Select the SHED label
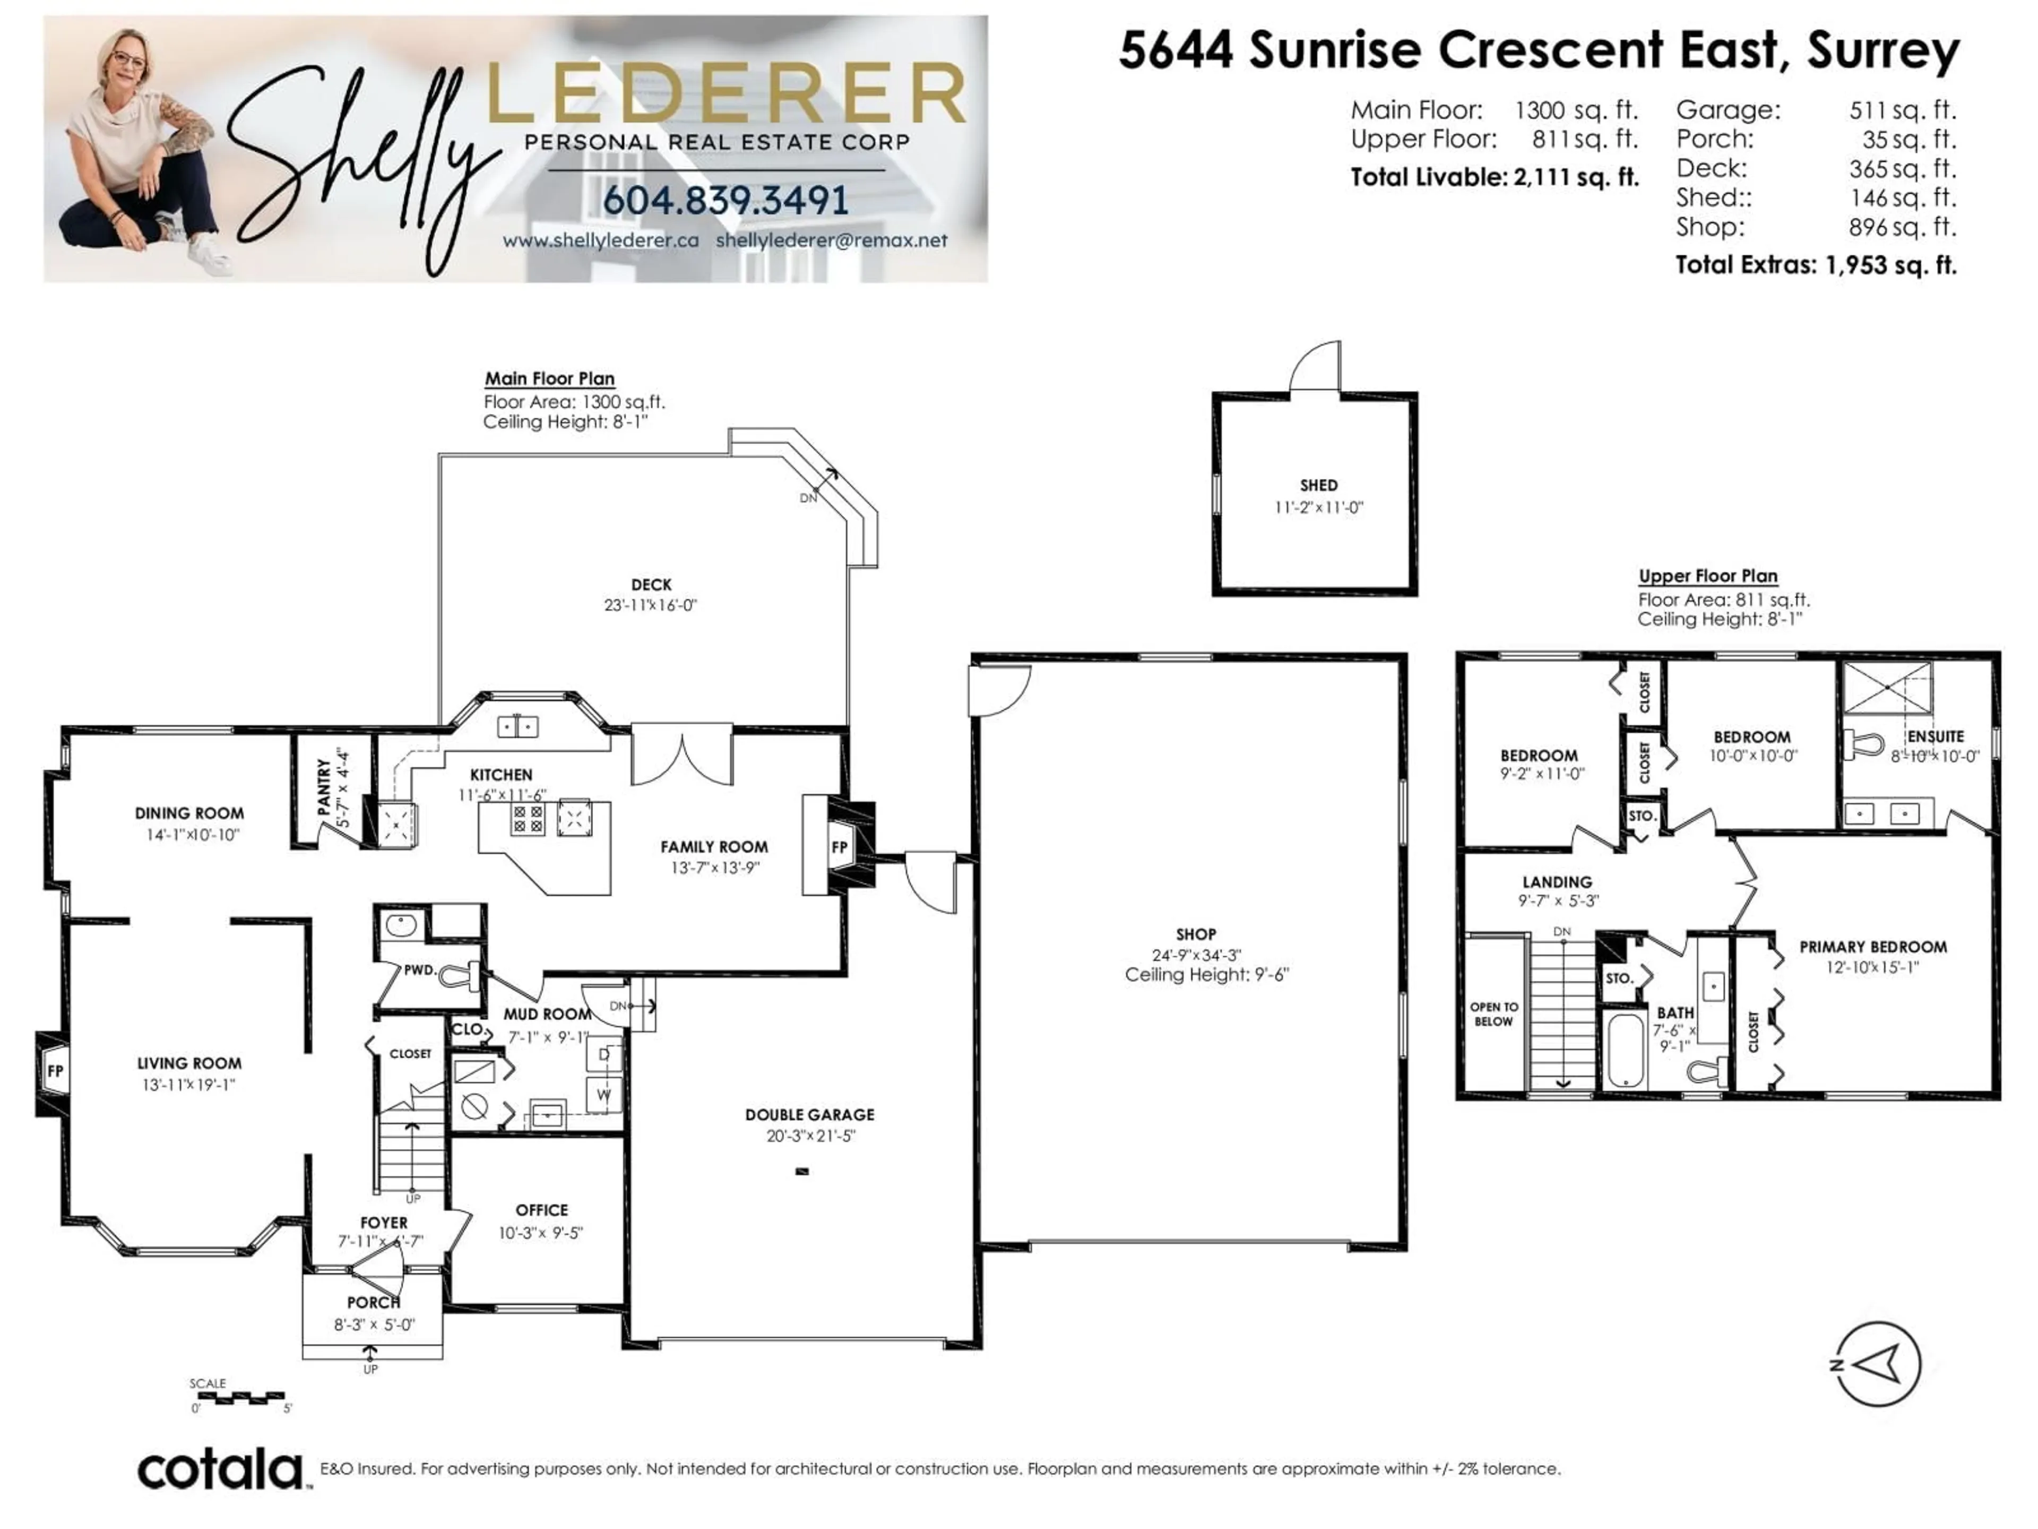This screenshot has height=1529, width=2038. [1318, 485]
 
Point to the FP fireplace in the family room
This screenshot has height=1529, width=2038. [839, 847]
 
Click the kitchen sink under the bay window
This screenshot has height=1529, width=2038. [518, 727]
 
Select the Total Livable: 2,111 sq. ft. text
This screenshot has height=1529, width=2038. [1495, 177]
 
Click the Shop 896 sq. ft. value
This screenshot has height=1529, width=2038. [1902, 227]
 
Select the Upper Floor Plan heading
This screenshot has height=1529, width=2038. [1707, 576]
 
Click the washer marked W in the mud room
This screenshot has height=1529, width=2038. [605, 1095]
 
